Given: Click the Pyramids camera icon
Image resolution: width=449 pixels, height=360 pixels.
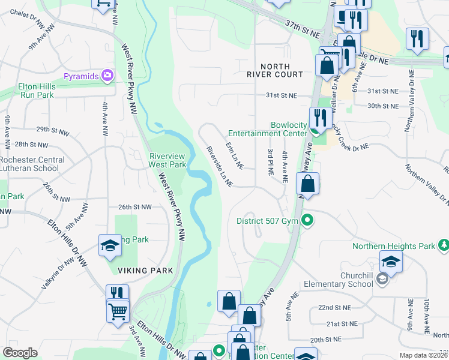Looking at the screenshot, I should pyautogui.click(x=107, y=76).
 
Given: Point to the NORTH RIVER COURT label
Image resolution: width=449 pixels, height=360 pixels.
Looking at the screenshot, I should pyautogui.click(x=275, y=70).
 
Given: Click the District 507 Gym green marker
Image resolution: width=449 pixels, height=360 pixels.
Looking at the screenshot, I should pyautogui.click(x=308, y=221).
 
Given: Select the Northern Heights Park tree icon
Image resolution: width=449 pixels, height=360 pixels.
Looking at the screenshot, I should pyautogui.click(x=443, y=245).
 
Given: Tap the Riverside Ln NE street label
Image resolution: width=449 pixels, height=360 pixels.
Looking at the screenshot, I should pyautogui.click(x=219, y=166).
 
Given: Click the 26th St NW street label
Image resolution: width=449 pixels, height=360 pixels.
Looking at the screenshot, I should pyautogui.click(x=134, y=207).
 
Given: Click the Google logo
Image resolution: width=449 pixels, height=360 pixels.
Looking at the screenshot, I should pyautogui.click(x=20, y=353).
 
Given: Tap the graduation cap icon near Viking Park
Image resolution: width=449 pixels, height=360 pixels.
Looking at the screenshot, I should pyautogui.click(x=110, y=245).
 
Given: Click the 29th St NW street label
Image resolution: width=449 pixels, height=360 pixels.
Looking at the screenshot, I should pyautogui.click(x=51, y=129).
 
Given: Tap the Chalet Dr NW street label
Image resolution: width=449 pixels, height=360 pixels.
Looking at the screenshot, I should pyautogui.click(x=27, y=19).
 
